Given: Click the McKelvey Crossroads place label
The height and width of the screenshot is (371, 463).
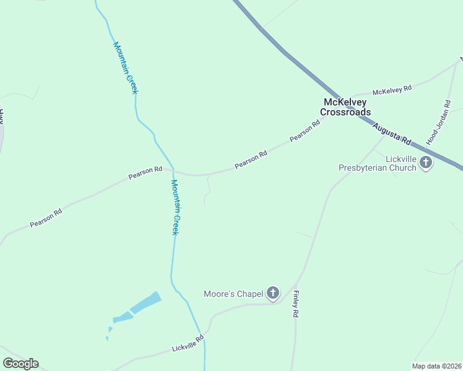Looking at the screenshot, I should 345,107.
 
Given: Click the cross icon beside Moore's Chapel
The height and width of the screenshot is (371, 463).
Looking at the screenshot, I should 272,293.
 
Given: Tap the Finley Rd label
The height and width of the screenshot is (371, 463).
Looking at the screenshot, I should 296,304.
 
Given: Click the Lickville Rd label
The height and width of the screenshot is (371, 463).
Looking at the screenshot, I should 188,344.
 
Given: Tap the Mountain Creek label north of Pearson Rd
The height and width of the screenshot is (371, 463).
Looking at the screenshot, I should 126,67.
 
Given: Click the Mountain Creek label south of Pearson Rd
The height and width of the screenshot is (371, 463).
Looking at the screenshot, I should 175,207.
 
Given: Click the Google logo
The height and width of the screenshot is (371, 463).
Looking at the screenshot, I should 20,364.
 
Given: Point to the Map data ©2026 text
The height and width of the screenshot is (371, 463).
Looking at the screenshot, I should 436,366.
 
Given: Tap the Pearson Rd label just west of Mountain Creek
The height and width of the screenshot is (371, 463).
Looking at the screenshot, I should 145,173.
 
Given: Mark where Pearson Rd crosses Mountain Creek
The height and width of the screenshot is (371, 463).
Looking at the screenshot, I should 173,171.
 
